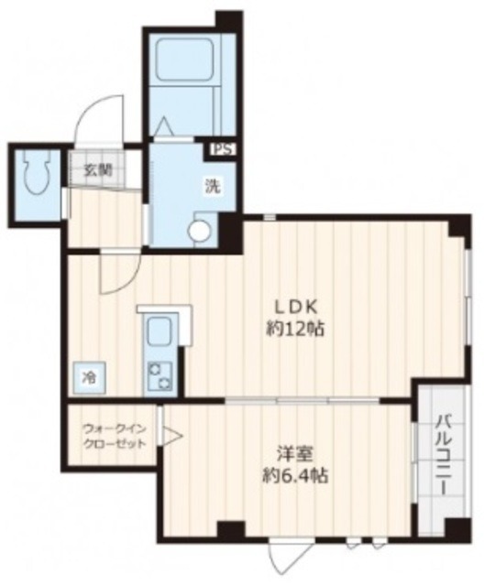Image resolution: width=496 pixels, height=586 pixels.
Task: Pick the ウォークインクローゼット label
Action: coord(114,436)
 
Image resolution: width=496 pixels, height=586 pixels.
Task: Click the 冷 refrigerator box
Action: coord(90,376)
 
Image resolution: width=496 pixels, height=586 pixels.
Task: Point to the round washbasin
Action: coord(199,232)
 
